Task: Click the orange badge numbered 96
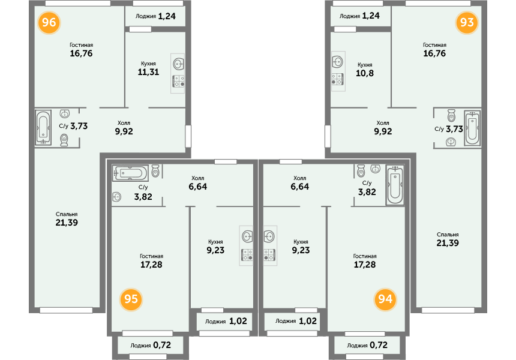coord(49,22)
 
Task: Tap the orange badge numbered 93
coord(467,22)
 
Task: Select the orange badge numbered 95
coord(131,299)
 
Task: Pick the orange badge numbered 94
coord(385,299)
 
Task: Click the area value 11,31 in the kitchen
coord(148,72)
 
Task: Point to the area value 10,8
coord(365,73)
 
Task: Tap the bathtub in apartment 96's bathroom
coord(43,128)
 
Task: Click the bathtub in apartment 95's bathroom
coord(130,173)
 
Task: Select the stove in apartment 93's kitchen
coord(338,79)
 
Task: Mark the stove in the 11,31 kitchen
coord(178,81)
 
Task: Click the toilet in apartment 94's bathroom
coord(361,170)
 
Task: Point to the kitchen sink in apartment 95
coord(247,236)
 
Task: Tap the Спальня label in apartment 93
coord(448,235)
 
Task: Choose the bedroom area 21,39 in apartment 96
coord(67,223)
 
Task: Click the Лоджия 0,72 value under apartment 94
coord(379,345)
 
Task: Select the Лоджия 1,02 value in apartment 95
coord(238,321)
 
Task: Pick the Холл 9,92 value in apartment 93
coord(383,131)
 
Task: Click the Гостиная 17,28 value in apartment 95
coord(151,265)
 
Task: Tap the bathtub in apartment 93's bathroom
coord(472,128)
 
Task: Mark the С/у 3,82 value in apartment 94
coord(367,192)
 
